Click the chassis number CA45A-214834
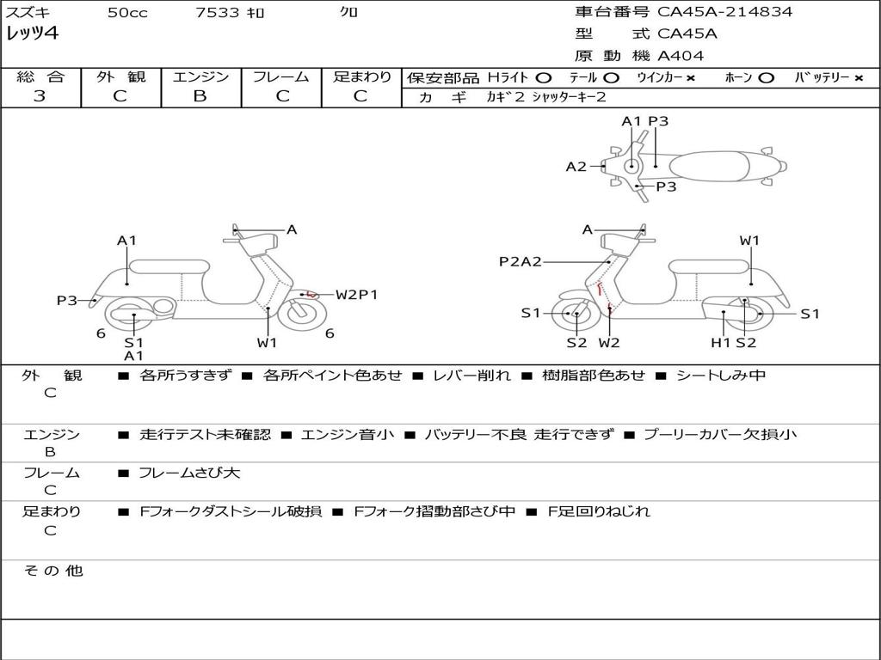coord(725,12)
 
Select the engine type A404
coord(681,56)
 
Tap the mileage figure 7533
coord(219,12)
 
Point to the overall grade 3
coord(40,96)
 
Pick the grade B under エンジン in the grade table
coord(200,96)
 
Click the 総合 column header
coord(40,77)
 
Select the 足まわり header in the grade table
coord(362,77)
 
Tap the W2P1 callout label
coord(356,295)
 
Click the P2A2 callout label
coord(521,261)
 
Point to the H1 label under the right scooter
coord(720,343)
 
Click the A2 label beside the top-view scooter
coord(576,167)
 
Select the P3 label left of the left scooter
coord(67,300)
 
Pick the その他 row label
coord(52,571)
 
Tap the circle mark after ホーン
coord(767,78)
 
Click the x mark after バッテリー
coord(859,78)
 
